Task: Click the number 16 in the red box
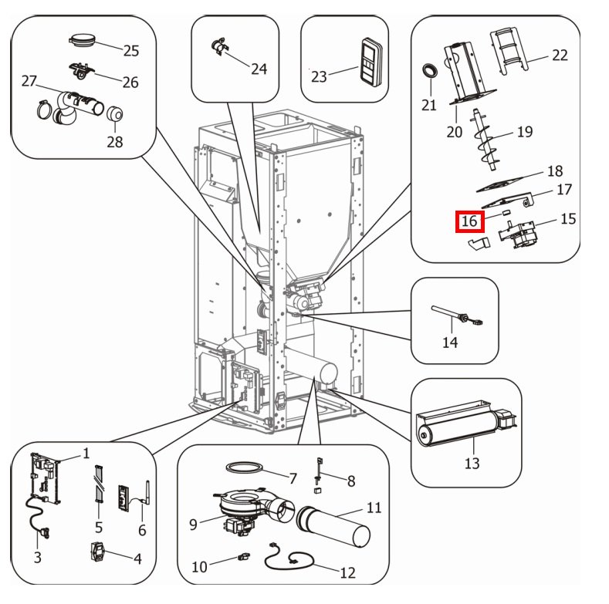469,221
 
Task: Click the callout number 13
472,463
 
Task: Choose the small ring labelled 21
429,72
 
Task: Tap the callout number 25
131,51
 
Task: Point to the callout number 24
259,69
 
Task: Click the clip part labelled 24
218,48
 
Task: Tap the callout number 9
193,525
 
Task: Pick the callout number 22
560,55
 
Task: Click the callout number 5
99,528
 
